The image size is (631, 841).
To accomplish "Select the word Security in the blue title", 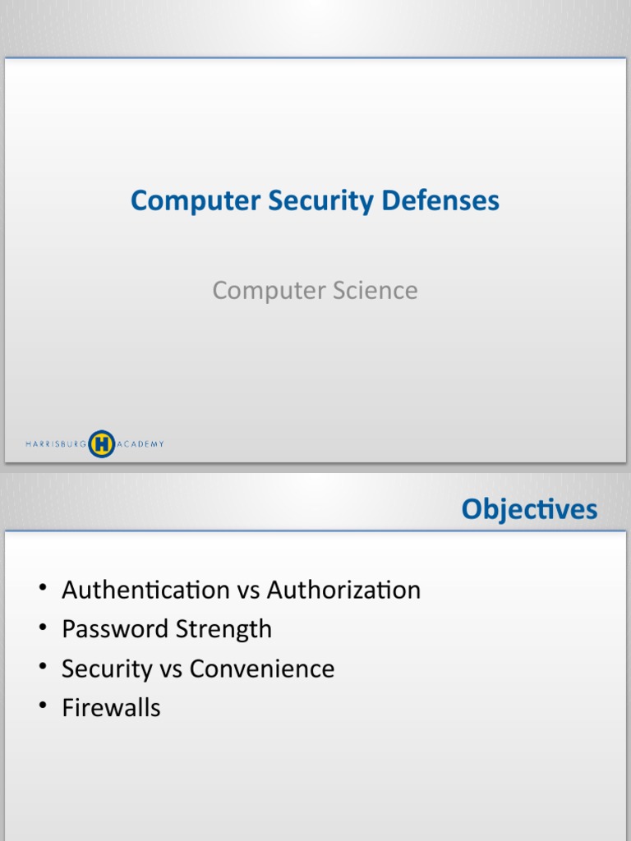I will tap(307, 201).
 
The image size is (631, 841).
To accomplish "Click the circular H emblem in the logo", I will tap(101, 443).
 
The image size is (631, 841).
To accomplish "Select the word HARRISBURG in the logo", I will tap(56, 444).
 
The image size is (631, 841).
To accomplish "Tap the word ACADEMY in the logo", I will tap(140, 444).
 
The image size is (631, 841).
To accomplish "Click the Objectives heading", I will tap(529, 510).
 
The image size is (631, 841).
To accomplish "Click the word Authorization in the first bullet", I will tap(343, 590).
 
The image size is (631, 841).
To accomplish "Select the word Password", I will tap(114, 629).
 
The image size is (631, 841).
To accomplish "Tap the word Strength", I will tap(222, 629).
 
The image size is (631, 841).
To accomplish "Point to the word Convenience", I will tap(262, 669).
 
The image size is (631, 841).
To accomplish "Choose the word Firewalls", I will tap(111, 708).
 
